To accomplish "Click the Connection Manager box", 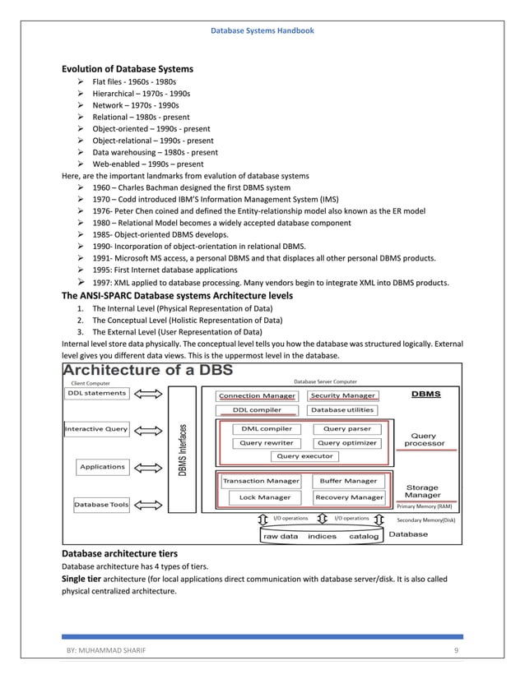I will tap(257, 395).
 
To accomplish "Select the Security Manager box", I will tap(343, 395).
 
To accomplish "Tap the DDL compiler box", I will tap(257, 409).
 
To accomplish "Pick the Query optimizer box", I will tap(346, 442).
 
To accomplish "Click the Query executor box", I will tap(304, 455).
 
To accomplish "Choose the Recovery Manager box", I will tap(349, 497).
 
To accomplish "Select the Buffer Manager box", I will tap(348, 481).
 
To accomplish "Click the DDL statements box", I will tap(96, 393).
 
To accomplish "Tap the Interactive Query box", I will tap(96, 428).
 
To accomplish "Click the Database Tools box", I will tap(101, 504).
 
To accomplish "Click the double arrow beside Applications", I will tap(150, 467).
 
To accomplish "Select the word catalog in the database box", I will tap(364, 536).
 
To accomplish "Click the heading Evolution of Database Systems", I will tap(128, 68).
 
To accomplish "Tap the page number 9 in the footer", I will tap(456, 650).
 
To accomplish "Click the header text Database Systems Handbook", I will tap(262, 30).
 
